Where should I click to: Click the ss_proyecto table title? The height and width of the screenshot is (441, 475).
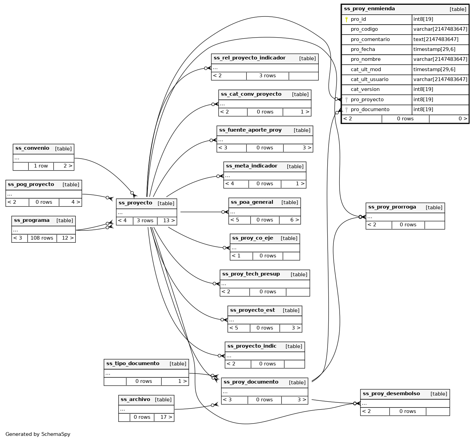[135, 203]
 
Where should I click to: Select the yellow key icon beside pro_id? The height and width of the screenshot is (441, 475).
[346, 19]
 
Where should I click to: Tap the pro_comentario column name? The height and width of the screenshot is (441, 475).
[370, 39]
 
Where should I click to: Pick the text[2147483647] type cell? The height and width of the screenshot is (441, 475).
[436, 39]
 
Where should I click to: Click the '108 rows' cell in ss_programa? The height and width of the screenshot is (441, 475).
[42, 238]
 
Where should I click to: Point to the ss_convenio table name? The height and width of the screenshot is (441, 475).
[32, 148]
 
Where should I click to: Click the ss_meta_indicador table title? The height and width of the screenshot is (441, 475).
[252, 166]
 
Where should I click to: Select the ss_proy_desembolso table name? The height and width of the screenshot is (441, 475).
[391, 394]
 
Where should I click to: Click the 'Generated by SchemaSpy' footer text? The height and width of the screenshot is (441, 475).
[38, 434]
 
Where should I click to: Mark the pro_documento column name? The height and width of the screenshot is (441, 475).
[370, 109]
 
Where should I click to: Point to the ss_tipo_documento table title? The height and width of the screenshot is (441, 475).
[133, 364]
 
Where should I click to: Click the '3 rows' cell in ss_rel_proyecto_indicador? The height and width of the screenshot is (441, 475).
[267, 76]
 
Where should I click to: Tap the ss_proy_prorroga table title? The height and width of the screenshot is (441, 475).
[392, 207]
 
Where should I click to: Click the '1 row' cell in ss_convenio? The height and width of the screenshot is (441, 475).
[41, 166]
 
